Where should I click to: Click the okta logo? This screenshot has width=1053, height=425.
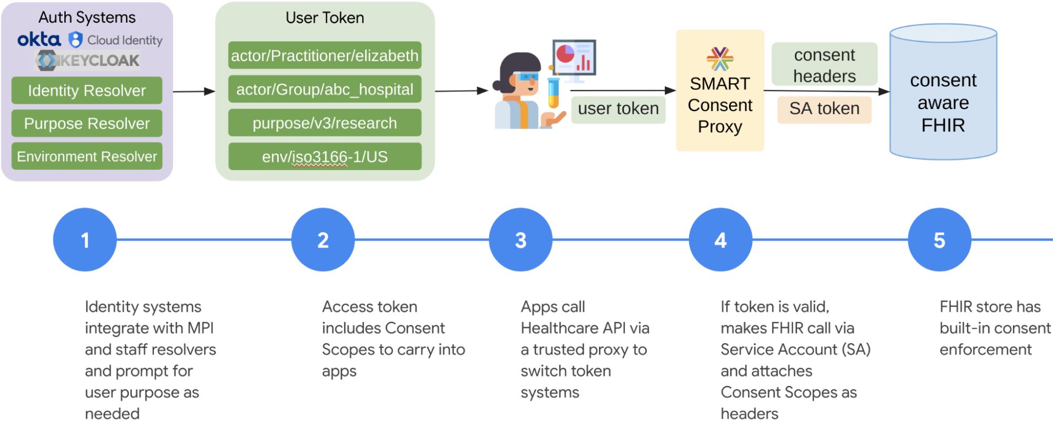39,39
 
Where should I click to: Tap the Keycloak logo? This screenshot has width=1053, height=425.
87,61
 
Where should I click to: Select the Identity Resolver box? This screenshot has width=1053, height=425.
87,91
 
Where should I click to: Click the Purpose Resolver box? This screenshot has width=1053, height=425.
87,123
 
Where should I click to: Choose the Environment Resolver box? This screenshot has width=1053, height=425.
87,156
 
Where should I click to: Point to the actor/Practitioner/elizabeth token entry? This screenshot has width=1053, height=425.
324,55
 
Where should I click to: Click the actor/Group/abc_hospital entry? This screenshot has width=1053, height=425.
324,89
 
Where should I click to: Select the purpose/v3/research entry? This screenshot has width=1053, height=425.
324,123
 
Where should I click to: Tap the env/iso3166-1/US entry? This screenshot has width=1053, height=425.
324,156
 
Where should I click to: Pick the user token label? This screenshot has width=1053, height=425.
618,108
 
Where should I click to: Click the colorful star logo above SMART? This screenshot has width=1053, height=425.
720,58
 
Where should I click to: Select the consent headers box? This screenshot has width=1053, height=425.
824,65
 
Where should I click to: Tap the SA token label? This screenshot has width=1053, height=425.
824,108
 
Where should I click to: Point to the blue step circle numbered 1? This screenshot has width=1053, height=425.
85,240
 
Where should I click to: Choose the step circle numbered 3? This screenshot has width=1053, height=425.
520,240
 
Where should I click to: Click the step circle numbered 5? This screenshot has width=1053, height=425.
939,240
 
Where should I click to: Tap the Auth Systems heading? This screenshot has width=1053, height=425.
87,17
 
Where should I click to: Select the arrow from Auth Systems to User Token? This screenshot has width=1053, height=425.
193,92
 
